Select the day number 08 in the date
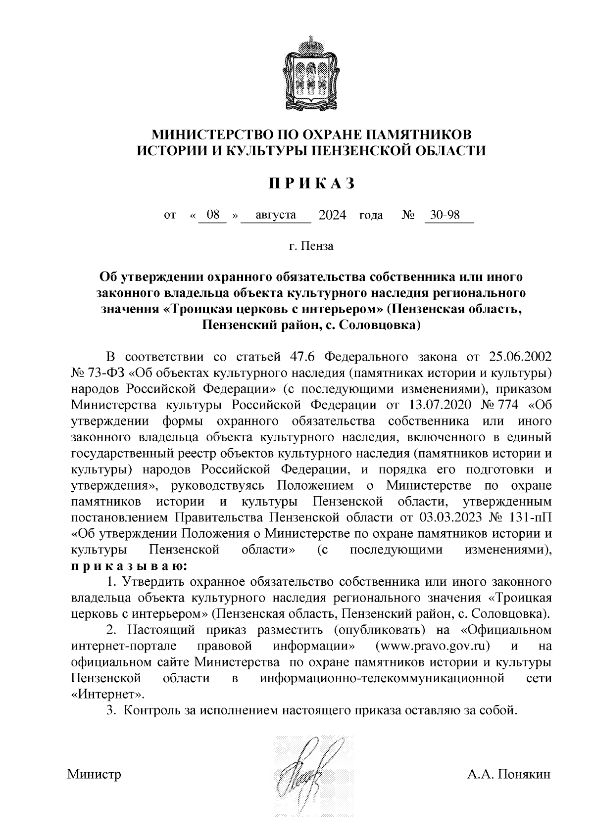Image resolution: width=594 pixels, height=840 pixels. (213, 215)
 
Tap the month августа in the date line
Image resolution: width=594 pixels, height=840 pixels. (276, 215)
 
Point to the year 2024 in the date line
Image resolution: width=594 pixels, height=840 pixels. (333, 215)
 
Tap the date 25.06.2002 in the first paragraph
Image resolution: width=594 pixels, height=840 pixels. (520, 357)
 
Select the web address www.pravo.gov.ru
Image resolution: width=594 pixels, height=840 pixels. (433, 646)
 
